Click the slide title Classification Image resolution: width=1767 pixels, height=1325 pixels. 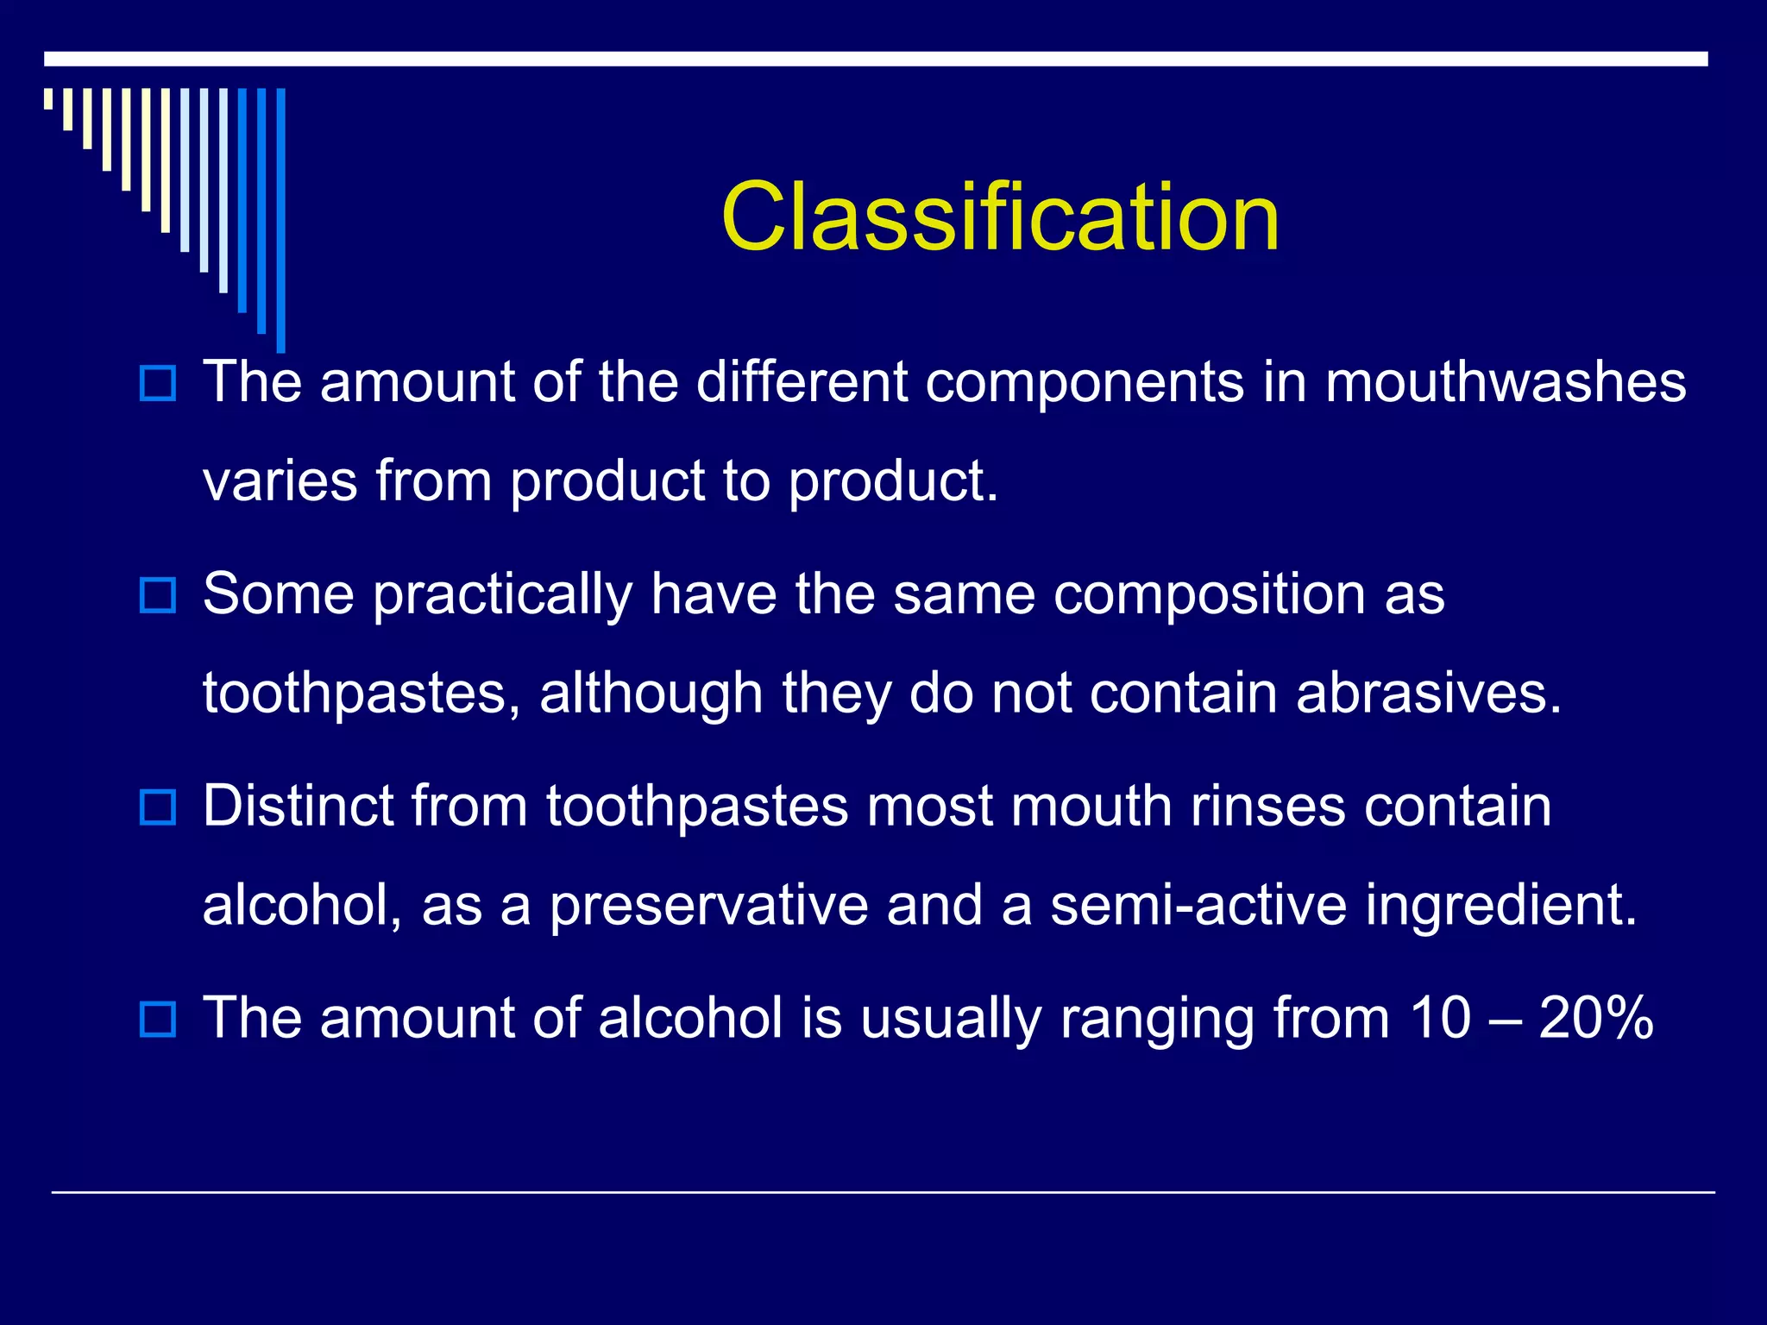tap(1000, 217)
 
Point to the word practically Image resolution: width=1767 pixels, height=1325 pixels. tap(503, 595)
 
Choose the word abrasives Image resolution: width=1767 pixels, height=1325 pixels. tap(1428, 693)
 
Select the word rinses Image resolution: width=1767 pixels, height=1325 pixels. tap(1267, 807)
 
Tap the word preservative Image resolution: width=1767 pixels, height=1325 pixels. tap(708, 906)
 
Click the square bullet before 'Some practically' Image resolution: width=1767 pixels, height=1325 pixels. tap(158, 596)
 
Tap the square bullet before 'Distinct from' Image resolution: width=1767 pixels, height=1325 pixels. tap(158, 807)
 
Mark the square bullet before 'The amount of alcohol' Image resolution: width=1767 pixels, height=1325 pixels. tap(158, 1020)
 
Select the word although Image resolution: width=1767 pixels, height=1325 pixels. tap(651, 694)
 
